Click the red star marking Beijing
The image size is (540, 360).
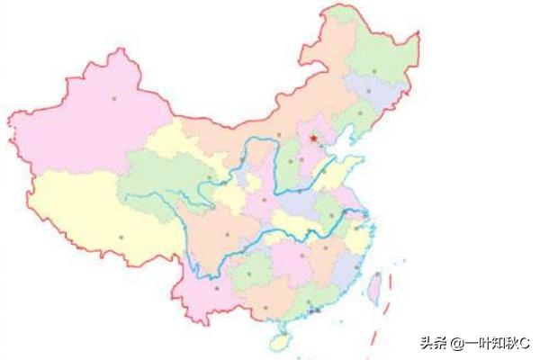313,138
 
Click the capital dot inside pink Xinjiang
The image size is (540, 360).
114,97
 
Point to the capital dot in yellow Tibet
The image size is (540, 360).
121,237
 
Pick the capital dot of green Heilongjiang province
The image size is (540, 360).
374,69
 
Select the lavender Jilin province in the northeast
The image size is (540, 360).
369,90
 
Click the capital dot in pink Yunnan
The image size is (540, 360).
216,288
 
